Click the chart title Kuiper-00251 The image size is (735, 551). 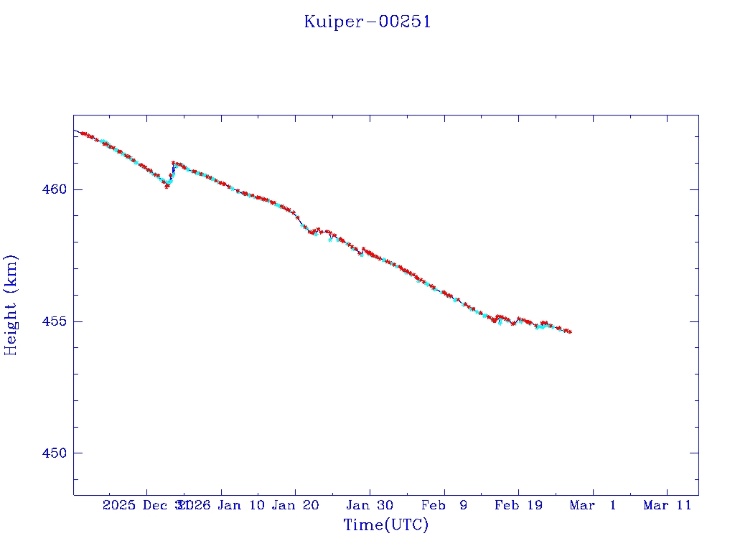367,22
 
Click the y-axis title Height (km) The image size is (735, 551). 11,305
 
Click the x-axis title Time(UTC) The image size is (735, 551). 385,525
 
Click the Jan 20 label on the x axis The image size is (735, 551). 295,505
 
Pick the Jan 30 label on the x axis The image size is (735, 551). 370,505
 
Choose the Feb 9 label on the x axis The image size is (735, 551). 444,505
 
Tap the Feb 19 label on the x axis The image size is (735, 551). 518,505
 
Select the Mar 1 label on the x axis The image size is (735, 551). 593,505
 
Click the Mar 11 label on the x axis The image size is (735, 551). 667,505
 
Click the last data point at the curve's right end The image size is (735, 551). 570,331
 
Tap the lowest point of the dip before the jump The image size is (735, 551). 167,187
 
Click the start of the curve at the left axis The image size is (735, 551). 75,131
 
